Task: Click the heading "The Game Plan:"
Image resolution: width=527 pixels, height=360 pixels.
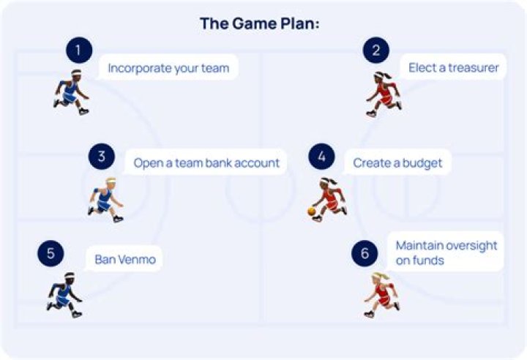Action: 259,24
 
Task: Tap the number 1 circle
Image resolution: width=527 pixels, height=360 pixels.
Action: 79,50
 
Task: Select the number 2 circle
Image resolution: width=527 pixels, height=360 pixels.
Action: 376,50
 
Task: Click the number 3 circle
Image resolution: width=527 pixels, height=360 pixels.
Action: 102,157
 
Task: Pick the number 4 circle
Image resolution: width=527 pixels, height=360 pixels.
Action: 321,157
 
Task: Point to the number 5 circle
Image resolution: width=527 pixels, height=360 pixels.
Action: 51,253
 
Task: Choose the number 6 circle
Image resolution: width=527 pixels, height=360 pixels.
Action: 365,253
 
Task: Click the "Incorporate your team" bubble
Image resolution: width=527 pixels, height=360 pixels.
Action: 168,67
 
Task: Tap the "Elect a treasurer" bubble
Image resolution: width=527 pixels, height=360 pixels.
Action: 453,67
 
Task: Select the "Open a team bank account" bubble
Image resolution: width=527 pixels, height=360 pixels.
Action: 206,162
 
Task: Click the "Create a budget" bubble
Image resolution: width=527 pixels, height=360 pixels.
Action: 397,162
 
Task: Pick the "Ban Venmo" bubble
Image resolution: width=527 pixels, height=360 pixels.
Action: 124,259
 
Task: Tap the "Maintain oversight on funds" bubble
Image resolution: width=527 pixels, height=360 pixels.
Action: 446,252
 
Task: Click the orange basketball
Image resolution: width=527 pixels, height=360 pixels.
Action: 312,211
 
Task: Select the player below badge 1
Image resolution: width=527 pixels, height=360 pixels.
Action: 72,92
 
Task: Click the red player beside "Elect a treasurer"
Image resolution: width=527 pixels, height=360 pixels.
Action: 384,94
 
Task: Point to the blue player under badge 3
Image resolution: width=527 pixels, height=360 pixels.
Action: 106,200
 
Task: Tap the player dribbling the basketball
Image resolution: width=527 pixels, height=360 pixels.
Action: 327,200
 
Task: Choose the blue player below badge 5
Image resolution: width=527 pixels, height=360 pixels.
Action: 64,295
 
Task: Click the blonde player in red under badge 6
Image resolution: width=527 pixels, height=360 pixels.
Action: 382,295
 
